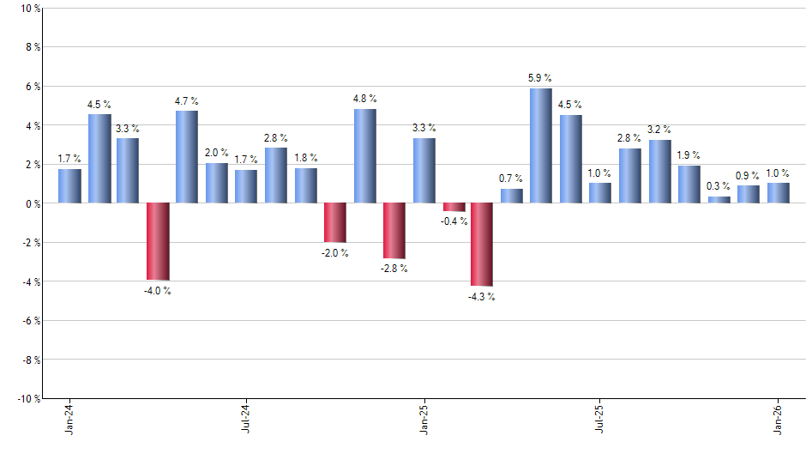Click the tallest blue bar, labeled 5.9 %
(541, 145)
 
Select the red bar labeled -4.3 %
(482, 245)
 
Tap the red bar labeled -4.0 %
(158, 241)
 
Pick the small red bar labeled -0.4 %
(454, 207)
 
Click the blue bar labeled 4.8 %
(365, 155)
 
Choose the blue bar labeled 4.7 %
(187, 156)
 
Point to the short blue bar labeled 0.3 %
(719, 200)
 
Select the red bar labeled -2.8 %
(394, 230)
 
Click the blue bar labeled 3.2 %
(659, 172)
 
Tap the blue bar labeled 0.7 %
(512, 196)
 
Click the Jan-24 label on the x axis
(69, 420)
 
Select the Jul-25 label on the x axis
(600, 420)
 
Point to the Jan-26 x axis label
(778, 420)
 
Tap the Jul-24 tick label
(246, 420)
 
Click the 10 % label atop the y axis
(29, 9)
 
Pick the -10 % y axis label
(27, 399)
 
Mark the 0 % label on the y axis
(32, 203)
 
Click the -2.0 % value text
(335, 253)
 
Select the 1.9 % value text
(689, 155)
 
